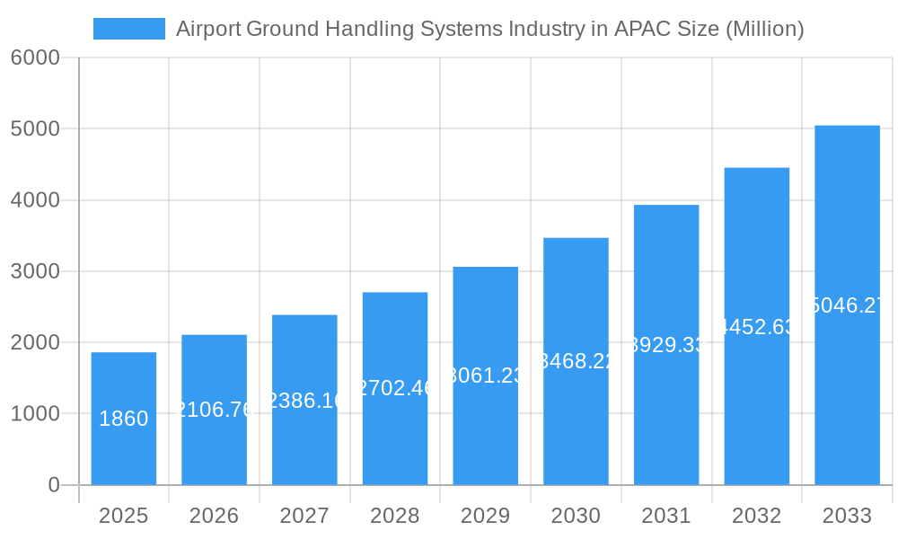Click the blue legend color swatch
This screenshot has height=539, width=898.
click(x=129, y=29)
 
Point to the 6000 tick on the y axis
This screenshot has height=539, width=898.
click(x=35, y=57)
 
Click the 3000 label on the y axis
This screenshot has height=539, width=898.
click(x=35, y=271)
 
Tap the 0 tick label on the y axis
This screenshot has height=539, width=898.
click(x=53, y=485)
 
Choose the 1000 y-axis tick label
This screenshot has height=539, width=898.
click(x=35, y=414)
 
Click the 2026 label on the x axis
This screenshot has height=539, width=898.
click(x=214, y=516)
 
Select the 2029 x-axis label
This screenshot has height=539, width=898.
click(x=485, y=516)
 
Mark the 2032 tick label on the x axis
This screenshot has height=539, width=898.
click(x=756, y=516)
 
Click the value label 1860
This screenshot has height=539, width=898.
click(x=124, y=419)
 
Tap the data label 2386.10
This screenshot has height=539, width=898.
click(x=304, y=401)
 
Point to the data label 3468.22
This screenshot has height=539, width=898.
click(x=576, y=361)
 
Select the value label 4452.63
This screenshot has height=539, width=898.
click(x=756, y=327)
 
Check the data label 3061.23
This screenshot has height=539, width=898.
click(x=485, y=376)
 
